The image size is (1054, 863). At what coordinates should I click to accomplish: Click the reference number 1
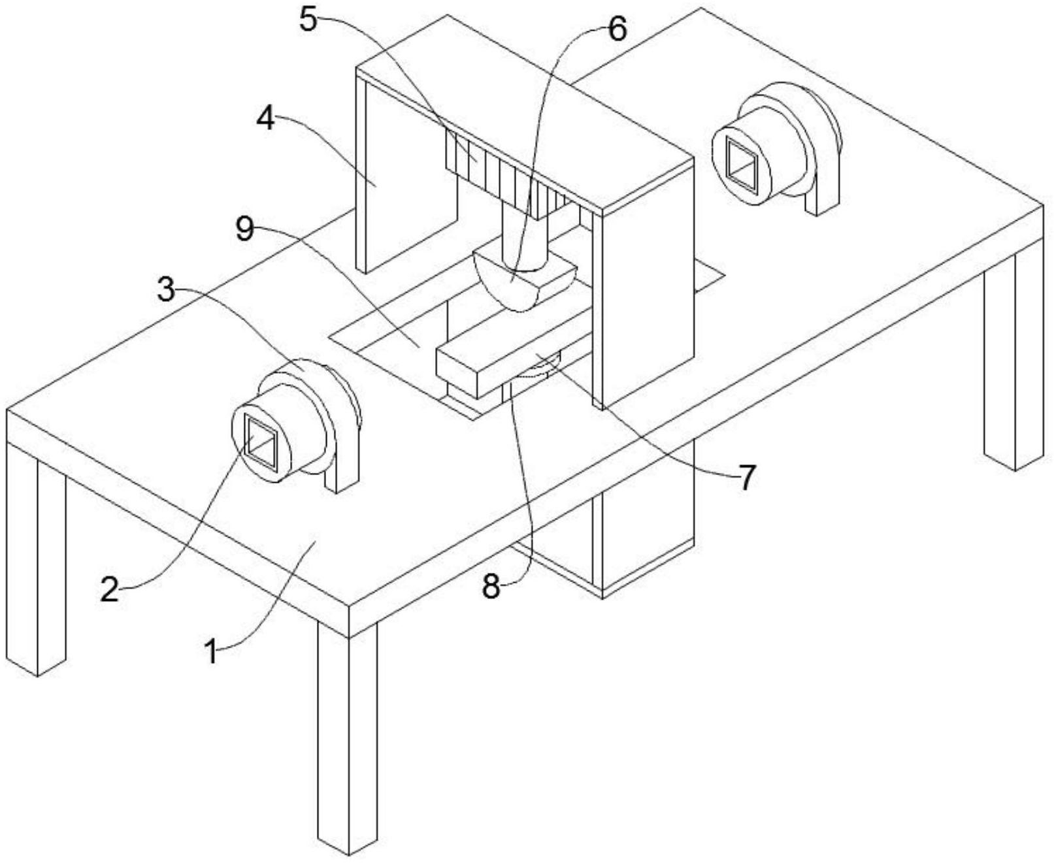[x=210, y=651]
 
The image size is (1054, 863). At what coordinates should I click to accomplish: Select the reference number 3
[x=167, y=290]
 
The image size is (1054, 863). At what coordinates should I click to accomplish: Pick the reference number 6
[x=617, y=29]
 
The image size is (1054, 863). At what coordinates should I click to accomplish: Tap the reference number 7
[x=746, y=478]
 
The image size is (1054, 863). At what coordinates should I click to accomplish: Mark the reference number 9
[x=245, y=229]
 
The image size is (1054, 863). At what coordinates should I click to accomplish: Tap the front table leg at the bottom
[x=348, y=738]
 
